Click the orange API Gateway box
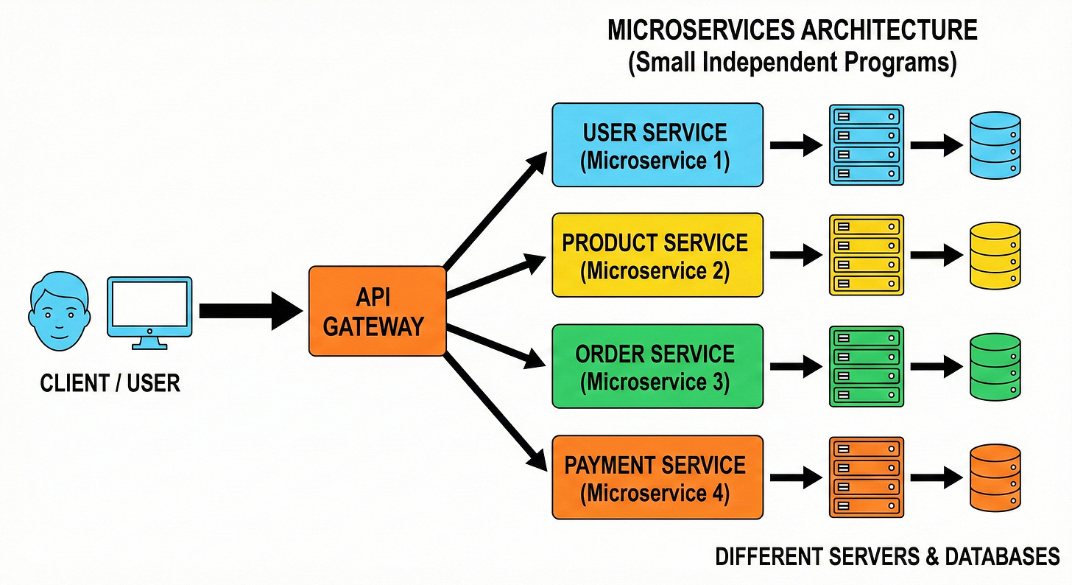pos(377,311)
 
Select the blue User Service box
pos(657,145)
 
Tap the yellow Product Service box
pos(657,256)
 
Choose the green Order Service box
pos(657,367)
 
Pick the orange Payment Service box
pos(657,477)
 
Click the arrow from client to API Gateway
pos(247,310)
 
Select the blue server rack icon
pos(866,145)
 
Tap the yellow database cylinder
pos(995,256)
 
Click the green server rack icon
pos(866,367)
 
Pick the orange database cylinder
pos(995,477)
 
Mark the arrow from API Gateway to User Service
pos(496,209)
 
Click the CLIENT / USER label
pos(110,383)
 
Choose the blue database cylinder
pos(995,145)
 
